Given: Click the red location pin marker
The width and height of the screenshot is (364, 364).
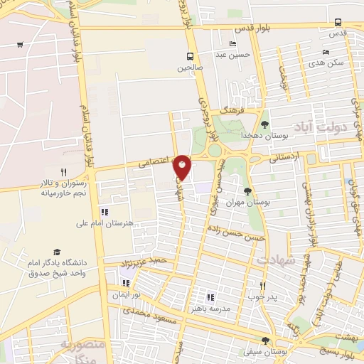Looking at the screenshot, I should point(183,166).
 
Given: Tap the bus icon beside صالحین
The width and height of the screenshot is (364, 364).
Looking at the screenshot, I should point(190,56).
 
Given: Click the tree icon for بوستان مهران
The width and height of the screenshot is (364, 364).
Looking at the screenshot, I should point(247,191).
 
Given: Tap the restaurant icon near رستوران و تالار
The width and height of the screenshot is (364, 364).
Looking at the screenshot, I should point(63,172).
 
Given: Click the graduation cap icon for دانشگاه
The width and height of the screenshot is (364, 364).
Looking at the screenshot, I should point(56,252).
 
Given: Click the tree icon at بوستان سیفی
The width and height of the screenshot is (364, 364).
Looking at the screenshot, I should point(266,341).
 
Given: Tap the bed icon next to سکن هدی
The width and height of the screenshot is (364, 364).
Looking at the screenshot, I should point(326,52).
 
